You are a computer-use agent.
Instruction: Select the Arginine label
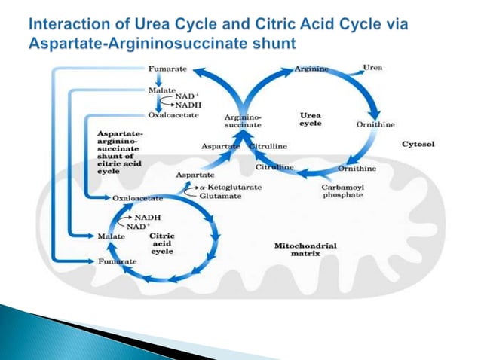311,69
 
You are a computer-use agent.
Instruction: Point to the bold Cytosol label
422,143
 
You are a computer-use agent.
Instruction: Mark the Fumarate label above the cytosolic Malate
168,69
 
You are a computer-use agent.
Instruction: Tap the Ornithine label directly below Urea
375,124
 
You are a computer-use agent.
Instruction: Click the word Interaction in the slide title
77,26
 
